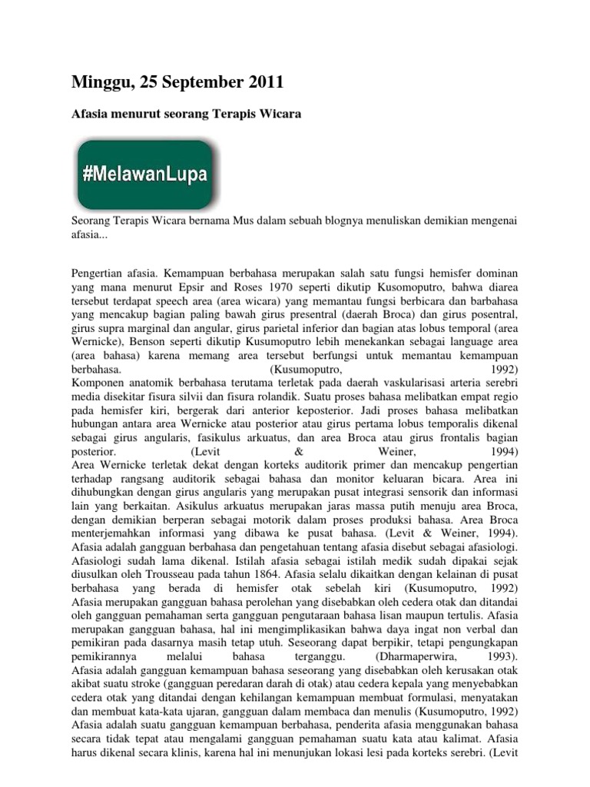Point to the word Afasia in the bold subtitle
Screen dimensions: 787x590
point(90,115)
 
